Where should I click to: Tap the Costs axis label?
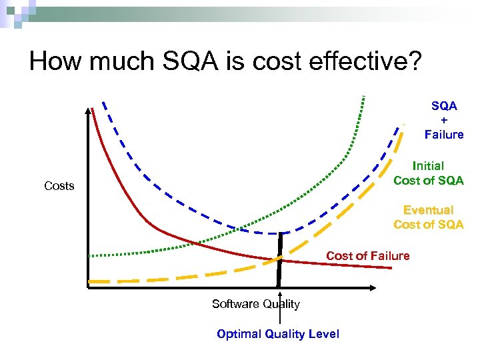click(x=59, y=186)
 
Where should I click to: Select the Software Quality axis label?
click(x=255, y=304)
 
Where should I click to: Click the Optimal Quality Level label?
click(x=278, y=334)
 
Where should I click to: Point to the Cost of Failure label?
click(x=367, y=256)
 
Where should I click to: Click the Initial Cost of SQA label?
click(x=428, y=173)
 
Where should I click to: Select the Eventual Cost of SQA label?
click(x=428, y=217)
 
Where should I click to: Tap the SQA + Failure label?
click(x=444, y=121)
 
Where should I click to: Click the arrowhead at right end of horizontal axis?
click(x=373, y=287)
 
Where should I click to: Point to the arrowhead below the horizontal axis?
click(x=281, y=294)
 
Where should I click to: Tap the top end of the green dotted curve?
click(x=364, y=97)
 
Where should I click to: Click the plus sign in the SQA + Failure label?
click(x=444, y=121)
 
